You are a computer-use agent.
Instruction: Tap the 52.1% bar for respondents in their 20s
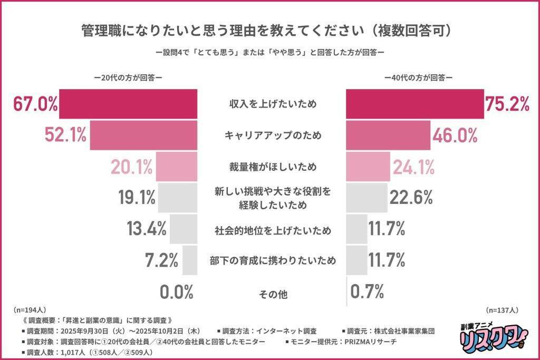click(143, 136)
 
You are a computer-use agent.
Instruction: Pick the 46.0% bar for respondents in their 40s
click(388, 136)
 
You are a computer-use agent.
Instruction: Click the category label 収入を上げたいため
click(272, 104)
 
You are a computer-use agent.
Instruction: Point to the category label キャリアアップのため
click(272, 136)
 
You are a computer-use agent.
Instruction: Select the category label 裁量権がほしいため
click(272, 167)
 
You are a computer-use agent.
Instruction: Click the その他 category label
click(272, 294)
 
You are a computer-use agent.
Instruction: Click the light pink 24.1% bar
click(368, 167)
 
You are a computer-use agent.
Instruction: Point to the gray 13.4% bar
click(184, 229)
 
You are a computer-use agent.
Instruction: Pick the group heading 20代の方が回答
click(128, 77)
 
